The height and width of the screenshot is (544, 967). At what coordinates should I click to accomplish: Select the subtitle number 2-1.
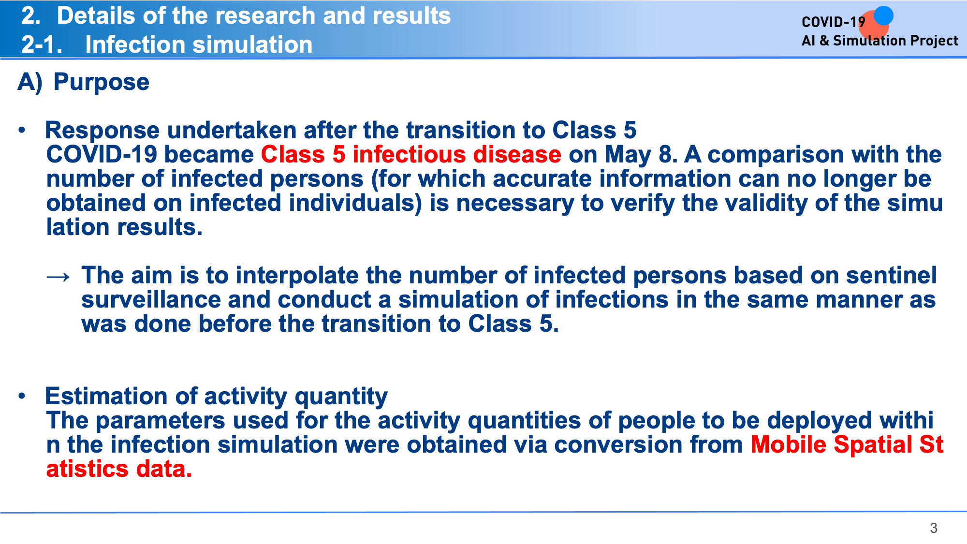(42, 44)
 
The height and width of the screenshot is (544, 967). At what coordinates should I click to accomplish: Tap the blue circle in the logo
(883, 15)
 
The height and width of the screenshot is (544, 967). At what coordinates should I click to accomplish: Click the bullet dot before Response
(22, 130)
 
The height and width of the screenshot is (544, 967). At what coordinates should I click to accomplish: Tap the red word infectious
(409, 154)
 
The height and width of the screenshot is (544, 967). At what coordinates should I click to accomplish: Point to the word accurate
(542, 179)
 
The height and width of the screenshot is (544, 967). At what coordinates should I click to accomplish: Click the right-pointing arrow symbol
(58, 277)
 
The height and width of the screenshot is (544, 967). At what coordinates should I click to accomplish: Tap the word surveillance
(151, 300)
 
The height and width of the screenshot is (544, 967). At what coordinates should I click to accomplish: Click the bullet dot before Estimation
(22, 396)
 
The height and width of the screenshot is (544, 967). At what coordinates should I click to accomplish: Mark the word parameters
(161, 421)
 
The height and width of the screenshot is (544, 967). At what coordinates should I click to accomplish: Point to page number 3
(934, 528)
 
